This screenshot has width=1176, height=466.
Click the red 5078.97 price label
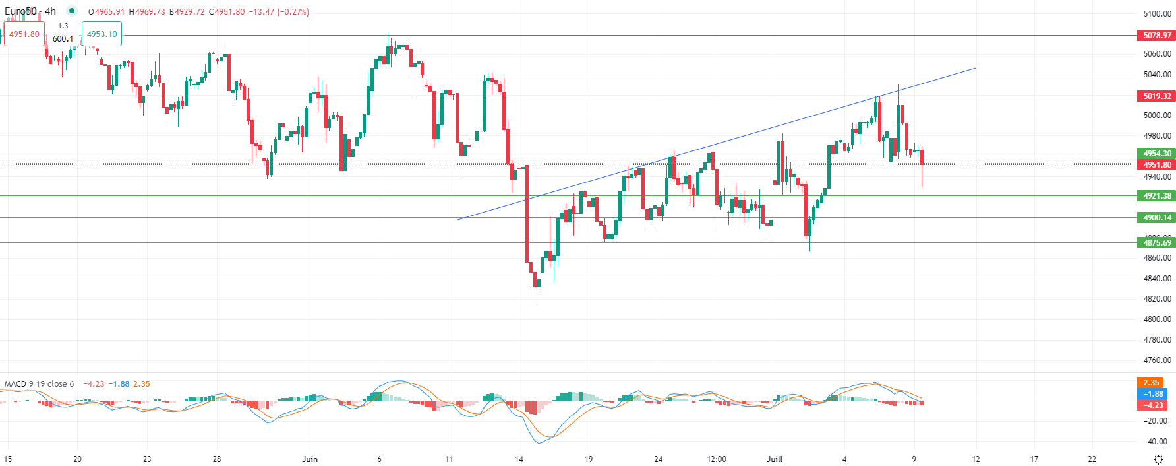point(1157,36)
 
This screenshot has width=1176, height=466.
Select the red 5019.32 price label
point(1157,96)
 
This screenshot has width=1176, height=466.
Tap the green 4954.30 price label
point(1157,154)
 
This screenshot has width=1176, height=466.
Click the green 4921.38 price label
point(1157,196)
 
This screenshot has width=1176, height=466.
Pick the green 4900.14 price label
point(1157,218)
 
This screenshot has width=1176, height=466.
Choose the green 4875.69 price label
point(1157,243)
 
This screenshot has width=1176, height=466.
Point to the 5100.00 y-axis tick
point(1157,13)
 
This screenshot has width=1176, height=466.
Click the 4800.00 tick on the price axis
point(1157,319)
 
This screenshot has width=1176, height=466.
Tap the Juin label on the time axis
point(309,459)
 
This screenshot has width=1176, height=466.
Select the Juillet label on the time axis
point(775,459)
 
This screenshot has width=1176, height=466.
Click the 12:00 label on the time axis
point(717,459)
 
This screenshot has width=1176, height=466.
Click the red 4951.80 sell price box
point(24,34)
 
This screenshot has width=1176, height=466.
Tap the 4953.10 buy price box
point(102,34)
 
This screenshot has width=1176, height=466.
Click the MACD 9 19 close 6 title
point(40,384)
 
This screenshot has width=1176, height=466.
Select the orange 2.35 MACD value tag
point(1151,383)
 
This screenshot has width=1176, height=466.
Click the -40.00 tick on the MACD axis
point(1156,442)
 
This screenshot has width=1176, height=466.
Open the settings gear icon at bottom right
point(1158,459)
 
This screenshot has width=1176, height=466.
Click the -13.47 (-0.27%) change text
point(279,12)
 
